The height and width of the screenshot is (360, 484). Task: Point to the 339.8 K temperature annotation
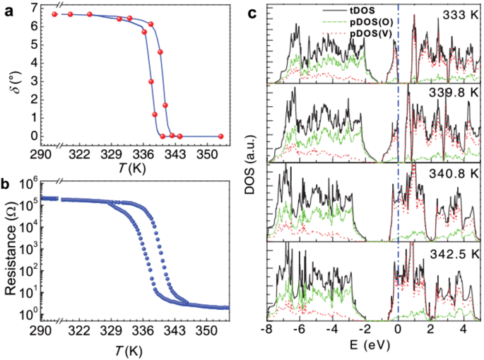point(451,92)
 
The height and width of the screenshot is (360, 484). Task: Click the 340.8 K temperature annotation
point(451,171)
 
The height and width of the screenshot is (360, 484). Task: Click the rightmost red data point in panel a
point(221,136)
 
